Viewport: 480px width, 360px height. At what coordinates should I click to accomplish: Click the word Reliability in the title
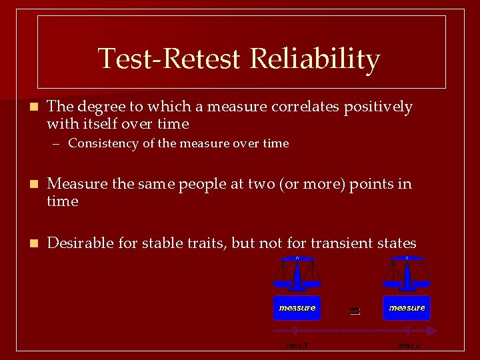315,59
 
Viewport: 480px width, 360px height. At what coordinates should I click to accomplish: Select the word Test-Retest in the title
169,59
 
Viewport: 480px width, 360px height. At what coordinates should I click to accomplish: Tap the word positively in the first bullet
378,107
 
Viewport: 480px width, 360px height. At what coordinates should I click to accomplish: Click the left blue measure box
297,308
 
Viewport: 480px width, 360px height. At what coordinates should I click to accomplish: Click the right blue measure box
407,308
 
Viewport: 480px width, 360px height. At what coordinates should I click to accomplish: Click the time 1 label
297,345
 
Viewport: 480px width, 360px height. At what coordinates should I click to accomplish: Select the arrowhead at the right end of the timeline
433,331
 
